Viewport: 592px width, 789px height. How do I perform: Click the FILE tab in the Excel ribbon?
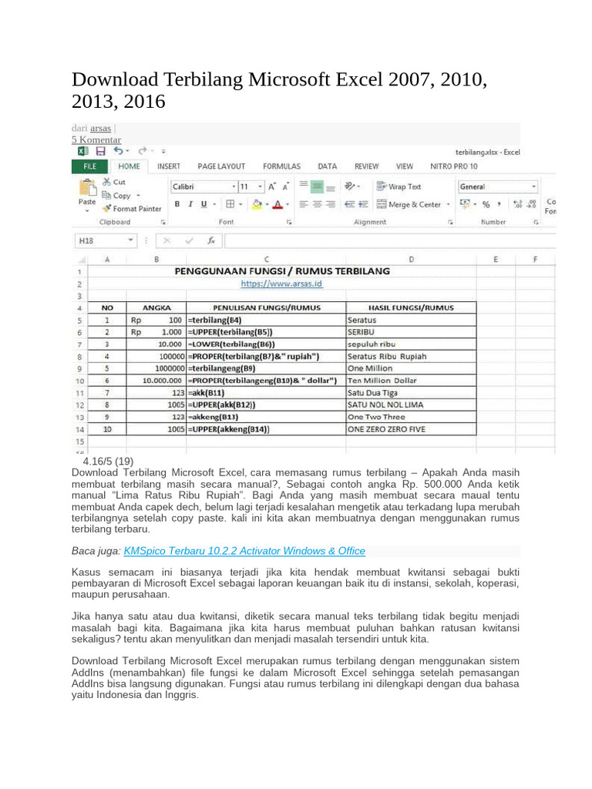click(x=89, y=166)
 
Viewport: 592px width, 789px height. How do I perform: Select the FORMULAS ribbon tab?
click(x=281, y=166)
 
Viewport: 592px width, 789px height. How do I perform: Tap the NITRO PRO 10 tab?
click(x=454, y=166)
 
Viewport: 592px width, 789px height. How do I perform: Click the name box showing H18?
click(x=103, y=240)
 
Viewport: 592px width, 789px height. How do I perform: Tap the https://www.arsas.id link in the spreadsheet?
click(x=281, y=284)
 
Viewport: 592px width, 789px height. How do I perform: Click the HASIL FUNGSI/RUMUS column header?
click(x=411, y=307)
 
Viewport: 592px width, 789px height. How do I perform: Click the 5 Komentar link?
click(x=96, y=139)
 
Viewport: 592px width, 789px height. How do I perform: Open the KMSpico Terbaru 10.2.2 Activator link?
click(x=239, y=551)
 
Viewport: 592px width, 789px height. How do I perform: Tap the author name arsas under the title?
click(x=100, y=128)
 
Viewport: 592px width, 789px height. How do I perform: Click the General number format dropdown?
click(x=498, y=186)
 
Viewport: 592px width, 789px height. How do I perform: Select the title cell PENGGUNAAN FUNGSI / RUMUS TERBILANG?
click(x=282, y=271)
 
